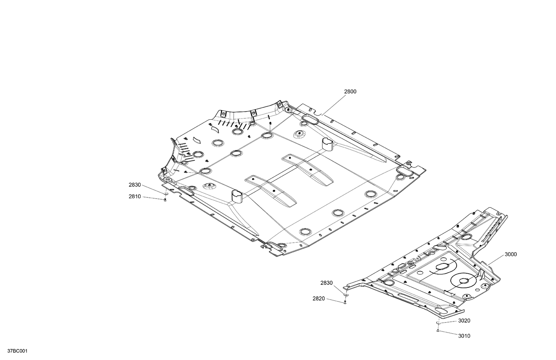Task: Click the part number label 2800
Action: pos(350,91)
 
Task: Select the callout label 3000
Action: pos(510,254)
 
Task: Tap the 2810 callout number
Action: pos(135,197)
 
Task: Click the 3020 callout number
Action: pos(464,321)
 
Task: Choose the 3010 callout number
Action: pos(464,336)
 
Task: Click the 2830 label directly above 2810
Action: pos(135,185)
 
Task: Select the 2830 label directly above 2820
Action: pos(326,283)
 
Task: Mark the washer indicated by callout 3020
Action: pos(438,323)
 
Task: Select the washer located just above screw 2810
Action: pos(165,193)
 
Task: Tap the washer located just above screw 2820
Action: pos(346,295)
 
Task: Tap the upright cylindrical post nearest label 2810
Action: pos(236,196)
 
